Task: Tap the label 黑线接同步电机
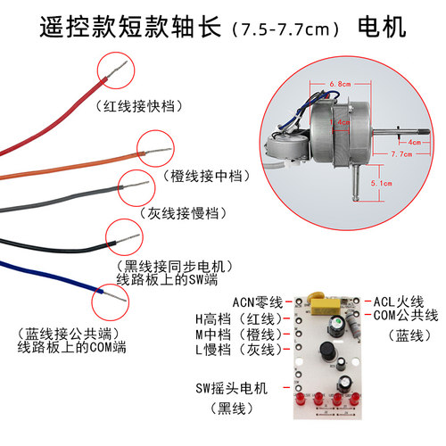point(175,266)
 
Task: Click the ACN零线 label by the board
point(256,301)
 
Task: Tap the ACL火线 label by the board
point(399,301)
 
